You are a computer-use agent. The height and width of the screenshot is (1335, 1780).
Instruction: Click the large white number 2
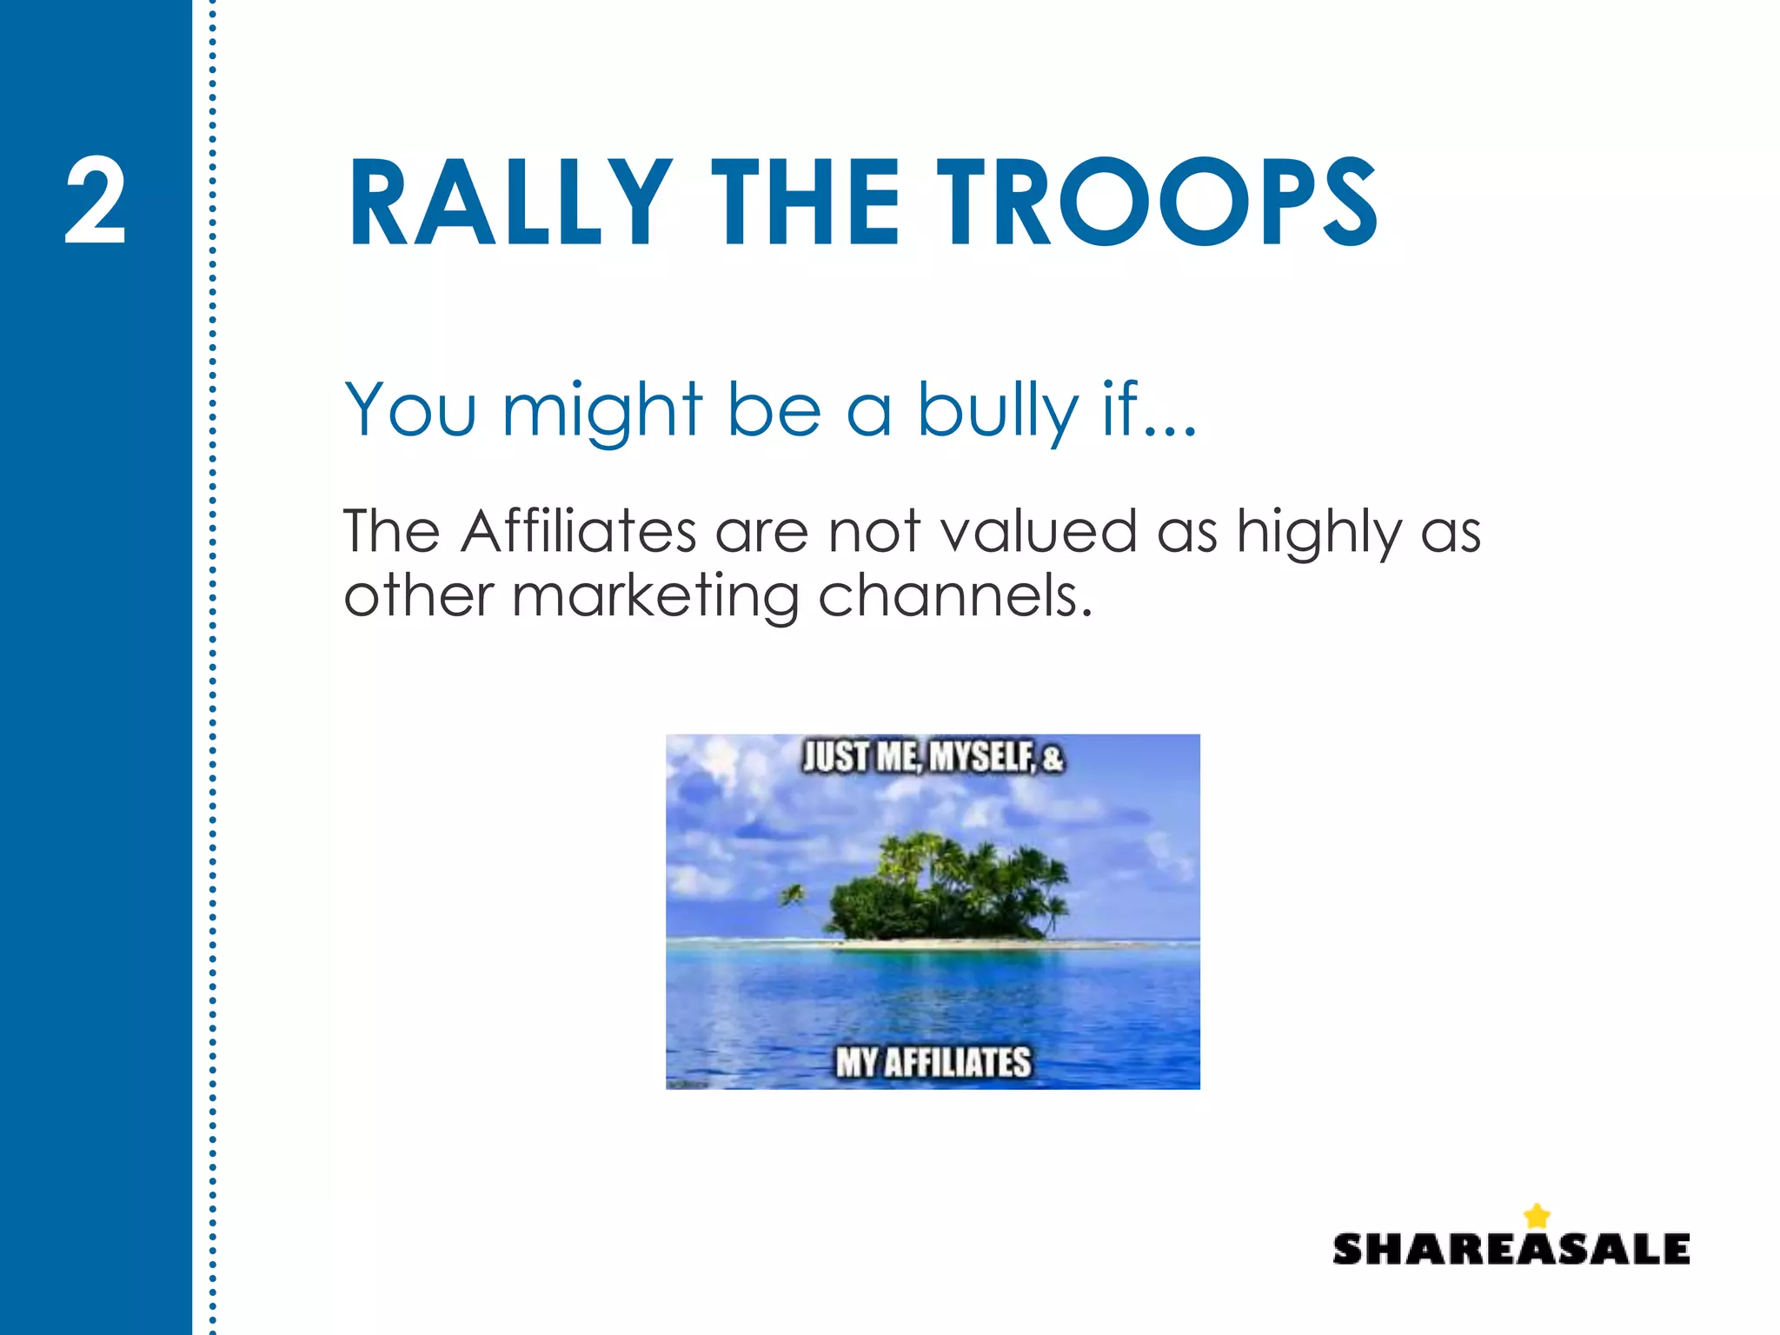(96, 202)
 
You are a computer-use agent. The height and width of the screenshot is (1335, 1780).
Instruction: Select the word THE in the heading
(805, 203)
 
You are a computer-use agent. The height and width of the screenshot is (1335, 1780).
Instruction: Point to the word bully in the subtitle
(998, 410)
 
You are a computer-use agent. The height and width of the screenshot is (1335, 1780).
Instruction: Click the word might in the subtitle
(601, 410)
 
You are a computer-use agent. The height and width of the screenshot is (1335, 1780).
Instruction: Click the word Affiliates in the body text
(579, 531)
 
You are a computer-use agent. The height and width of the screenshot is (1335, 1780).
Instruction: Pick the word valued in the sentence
(1039, 531)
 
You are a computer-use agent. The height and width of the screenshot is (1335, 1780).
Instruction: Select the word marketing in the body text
(655, 599)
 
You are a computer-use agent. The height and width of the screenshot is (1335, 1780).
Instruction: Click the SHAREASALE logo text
(1511, 1250)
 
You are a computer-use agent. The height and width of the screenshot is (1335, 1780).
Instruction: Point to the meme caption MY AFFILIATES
(933, 1062)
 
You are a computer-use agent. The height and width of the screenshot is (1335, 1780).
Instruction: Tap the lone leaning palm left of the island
(793, 895)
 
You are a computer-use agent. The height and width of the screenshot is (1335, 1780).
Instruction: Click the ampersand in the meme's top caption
(1053, 759)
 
